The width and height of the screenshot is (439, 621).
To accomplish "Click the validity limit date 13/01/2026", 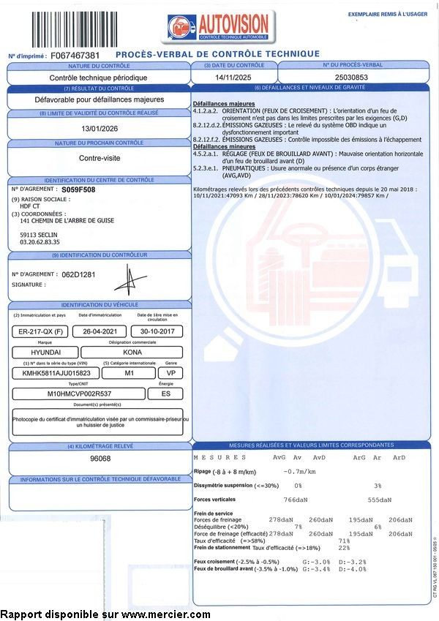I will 99,127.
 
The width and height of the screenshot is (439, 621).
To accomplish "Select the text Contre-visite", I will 99,157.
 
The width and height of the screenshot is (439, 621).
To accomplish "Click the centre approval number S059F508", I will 78,189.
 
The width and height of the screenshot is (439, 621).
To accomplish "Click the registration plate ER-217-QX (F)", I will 42,331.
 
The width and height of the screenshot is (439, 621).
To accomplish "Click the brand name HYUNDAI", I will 42,352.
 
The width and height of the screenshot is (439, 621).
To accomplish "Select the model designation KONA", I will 132,352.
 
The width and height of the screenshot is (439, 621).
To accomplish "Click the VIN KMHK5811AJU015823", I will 52,373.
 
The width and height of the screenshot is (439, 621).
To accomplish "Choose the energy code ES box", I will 165,394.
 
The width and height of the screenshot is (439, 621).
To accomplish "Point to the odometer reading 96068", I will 100,459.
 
